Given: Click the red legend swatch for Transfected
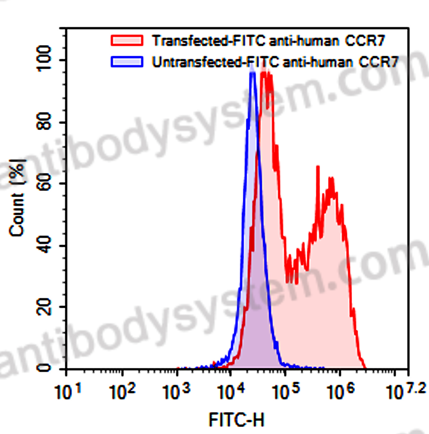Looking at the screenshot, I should point(127,40).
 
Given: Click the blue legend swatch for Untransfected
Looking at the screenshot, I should point(127,62).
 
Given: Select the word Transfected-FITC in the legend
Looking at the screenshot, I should point(209,40).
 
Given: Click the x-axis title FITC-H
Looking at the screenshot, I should point(237,420).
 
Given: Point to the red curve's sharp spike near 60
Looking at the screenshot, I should point(318,167).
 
